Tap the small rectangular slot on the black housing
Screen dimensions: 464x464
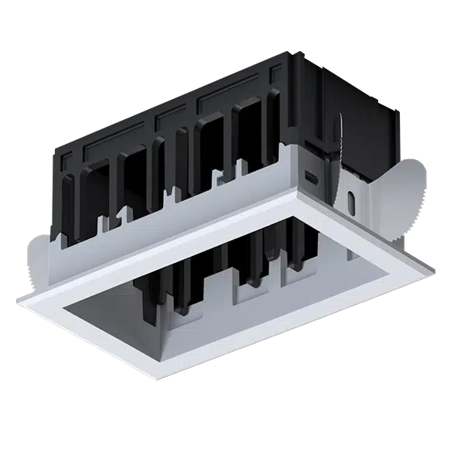coord(312,176)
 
